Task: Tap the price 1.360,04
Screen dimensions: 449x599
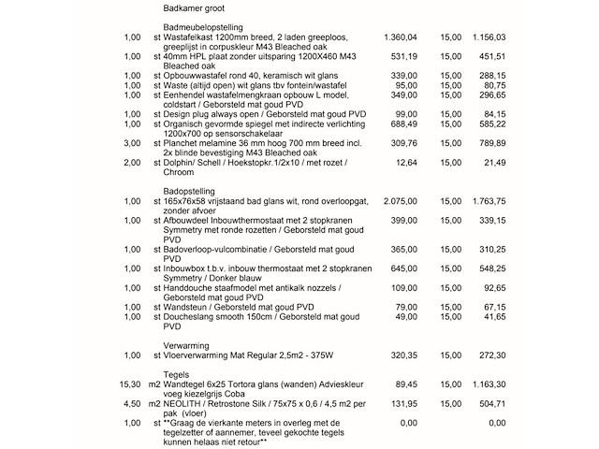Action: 400,37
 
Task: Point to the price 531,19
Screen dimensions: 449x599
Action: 403,56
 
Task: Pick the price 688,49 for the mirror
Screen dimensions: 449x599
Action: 403,123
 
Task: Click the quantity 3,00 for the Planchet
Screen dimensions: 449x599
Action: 131,143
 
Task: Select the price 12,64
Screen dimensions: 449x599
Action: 406,163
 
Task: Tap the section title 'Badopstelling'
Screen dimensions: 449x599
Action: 182,192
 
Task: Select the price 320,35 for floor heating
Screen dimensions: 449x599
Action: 403,356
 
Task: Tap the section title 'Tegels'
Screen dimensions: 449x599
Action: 166,373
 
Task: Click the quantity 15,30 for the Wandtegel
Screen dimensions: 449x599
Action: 128,384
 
